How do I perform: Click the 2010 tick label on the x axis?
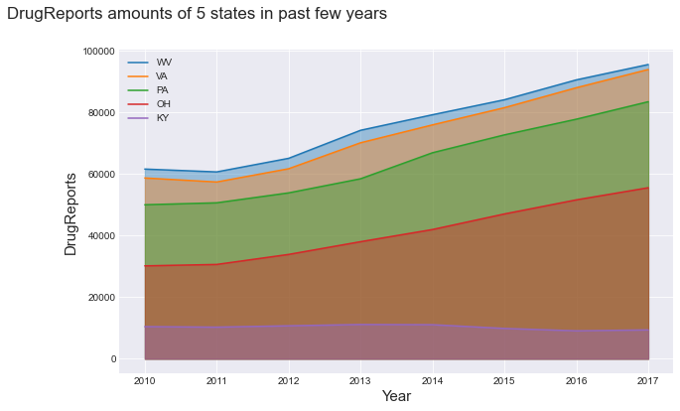144,380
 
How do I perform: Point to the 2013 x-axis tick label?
360,380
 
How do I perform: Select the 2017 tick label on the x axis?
648,380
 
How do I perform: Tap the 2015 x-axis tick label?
504,380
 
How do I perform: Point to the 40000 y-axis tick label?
101,236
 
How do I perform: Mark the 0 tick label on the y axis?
113,359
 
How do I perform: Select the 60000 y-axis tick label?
101,175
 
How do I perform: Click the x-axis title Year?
396,396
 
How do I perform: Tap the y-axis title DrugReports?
70,213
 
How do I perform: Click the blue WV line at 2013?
360,130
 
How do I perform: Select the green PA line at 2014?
432,152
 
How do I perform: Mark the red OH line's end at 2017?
648,188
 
